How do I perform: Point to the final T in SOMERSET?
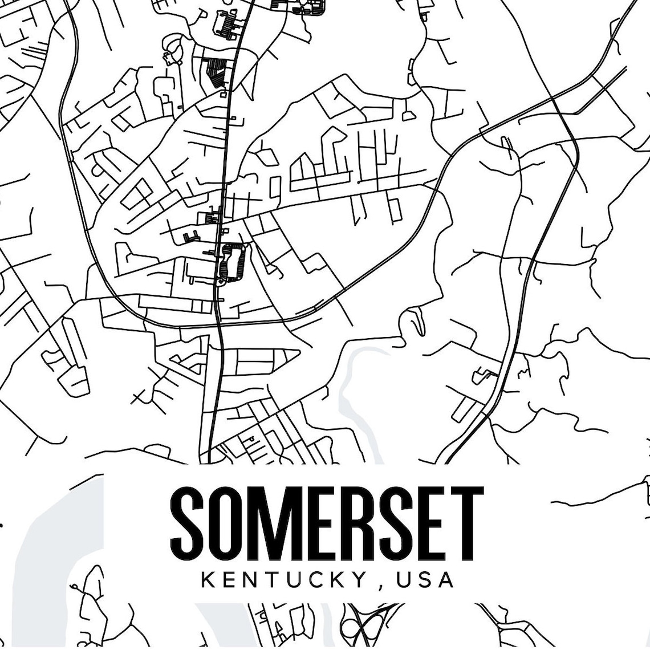[465, 524]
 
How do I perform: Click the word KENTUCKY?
[283, 580]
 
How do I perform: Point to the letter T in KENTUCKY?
[268, 580]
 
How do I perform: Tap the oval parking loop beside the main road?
[230, 263]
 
